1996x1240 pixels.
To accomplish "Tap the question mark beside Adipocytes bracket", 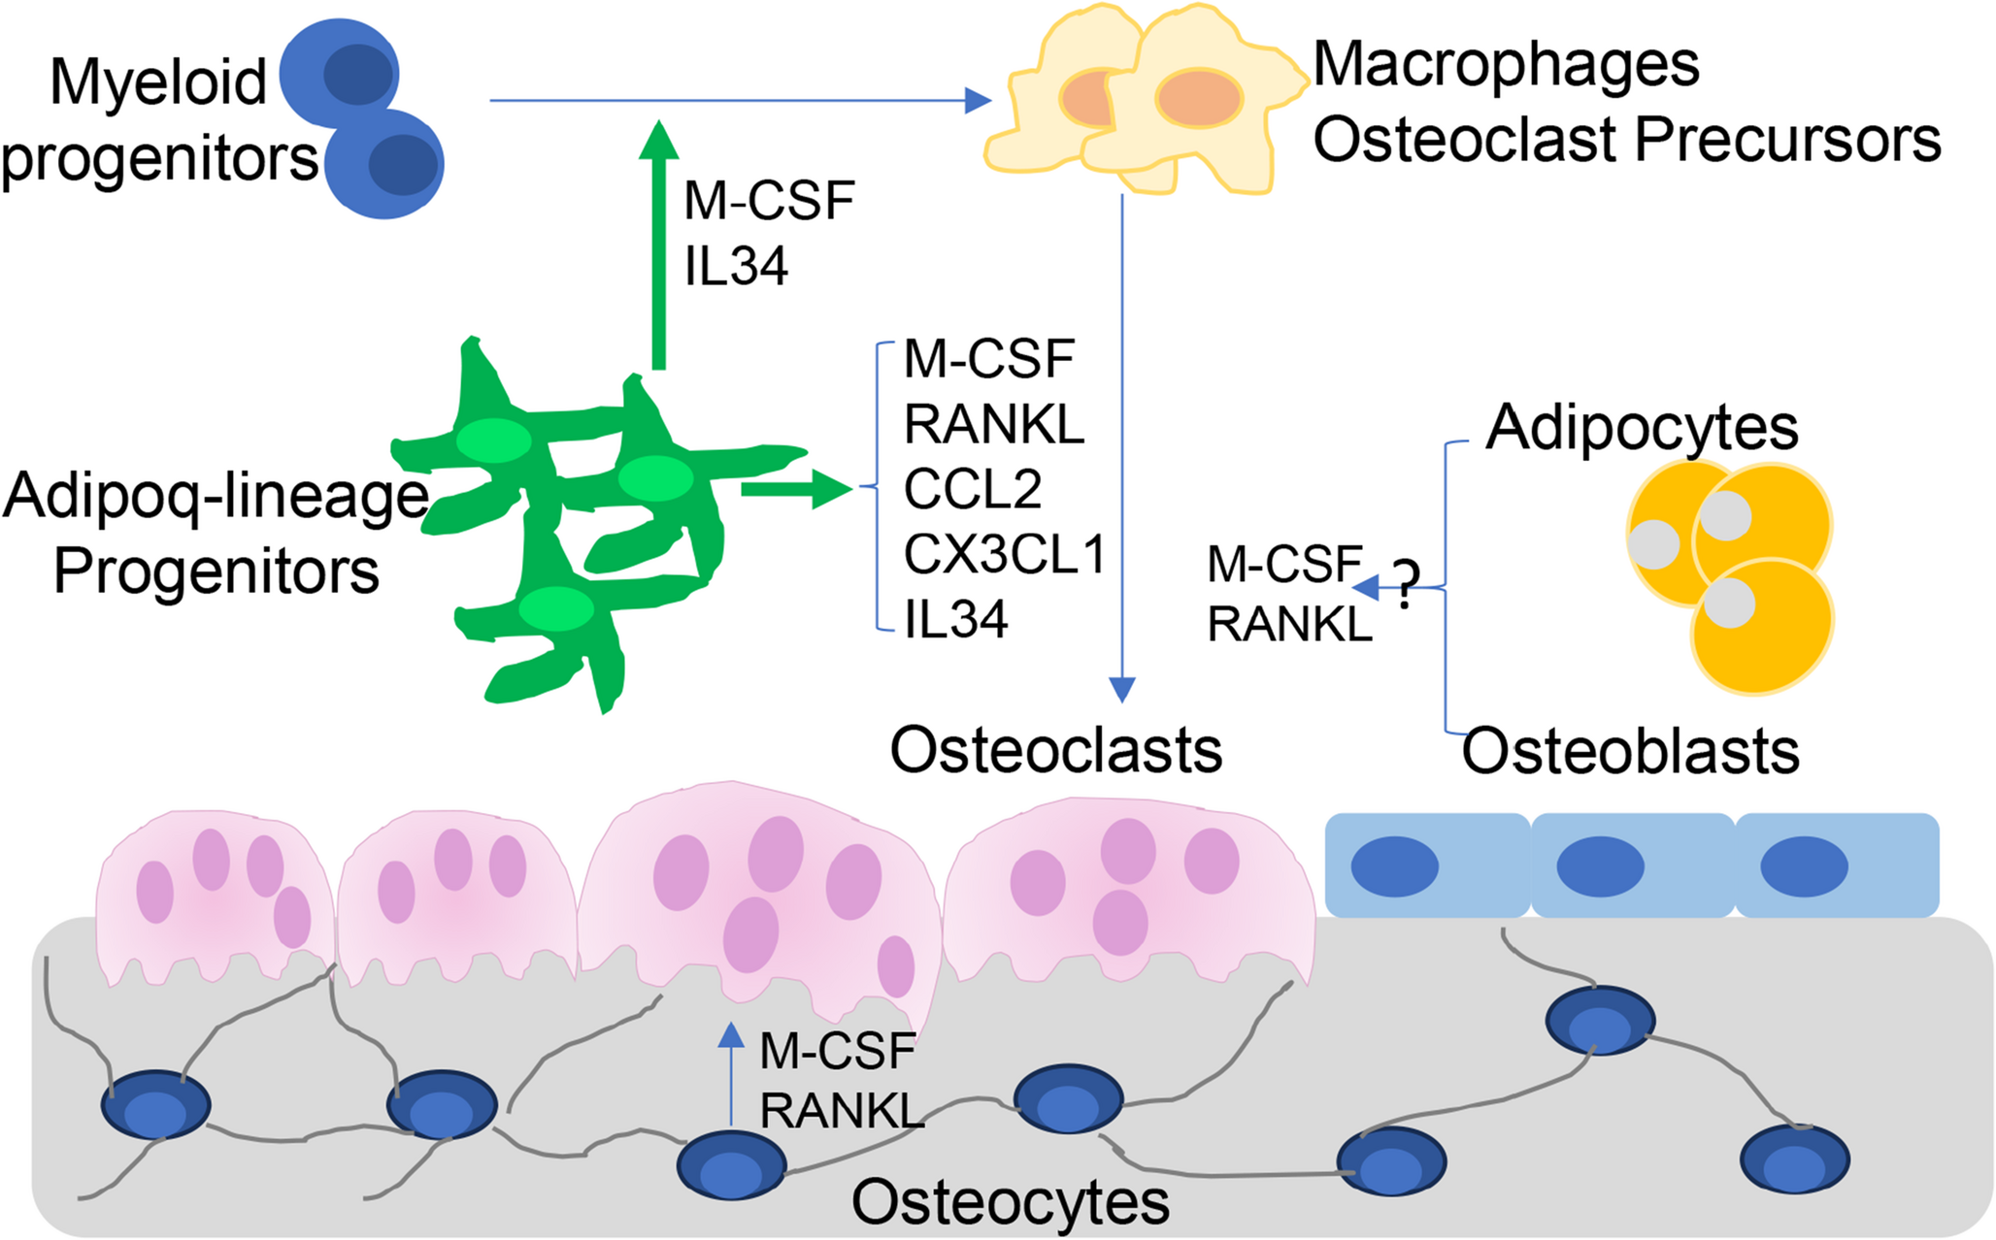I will point(1405,584).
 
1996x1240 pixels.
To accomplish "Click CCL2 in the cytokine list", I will point(973,489).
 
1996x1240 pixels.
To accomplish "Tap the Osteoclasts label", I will point(1056,751).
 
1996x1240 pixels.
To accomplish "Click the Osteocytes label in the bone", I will point(1011,1202).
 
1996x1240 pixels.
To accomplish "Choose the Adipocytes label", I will point(1642,427).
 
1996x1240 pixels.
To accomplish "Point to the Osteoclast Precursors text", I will point(1627,139).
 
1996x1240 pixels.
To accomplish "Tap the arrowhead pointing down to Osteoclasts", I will point(1122,690).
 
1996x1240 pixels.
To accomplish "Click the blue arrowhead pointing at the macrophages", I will point(978,100).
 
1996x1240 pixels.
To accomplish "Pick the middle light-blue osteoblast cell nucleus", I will point(1600,866).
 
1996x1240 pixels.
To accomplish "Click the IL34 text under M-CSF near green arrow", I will point(736,266).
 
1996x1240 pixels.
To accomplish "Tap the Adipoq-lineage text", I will point(216,496).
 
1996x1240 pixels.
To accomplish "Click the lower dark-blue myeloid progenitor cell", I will point(386,163).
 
